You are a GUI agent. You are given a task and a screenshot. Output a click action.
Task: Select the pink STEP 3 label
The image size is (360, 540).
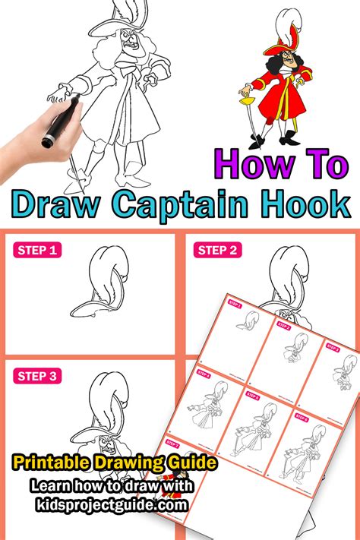pyautogui.click(x=36, y=376)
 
